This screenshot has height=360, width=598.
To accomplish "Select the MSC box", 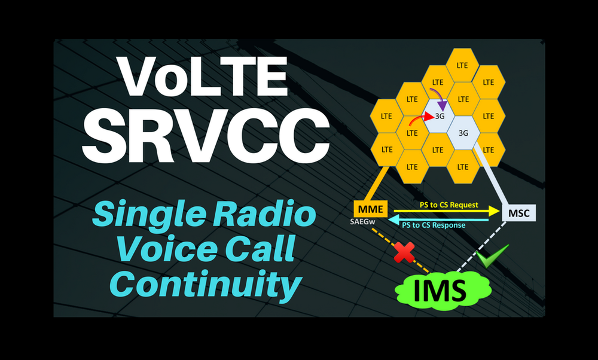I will (x=519, y=213).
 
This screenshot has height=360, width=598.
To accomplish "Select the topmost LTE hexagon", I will (x=463, y=65).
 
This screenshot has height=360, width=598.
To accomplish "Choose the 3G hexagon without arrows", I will (x=463, y=133).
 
